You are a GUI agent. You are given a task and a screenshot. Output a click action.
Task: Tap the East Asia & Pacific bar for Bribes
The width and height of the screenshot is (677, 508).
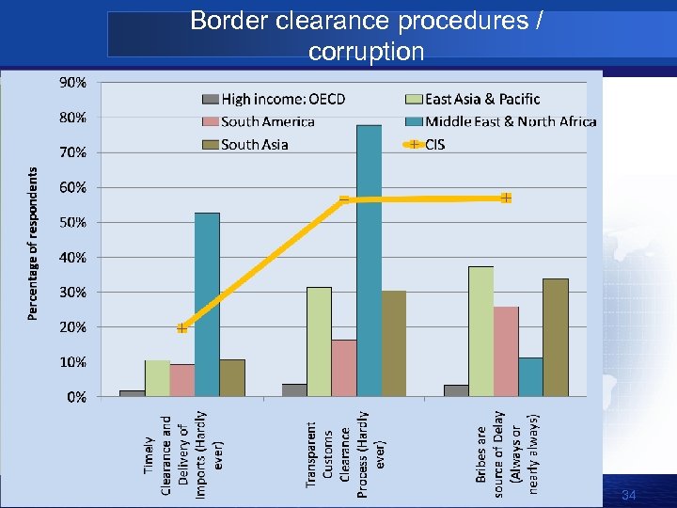coord(480,330)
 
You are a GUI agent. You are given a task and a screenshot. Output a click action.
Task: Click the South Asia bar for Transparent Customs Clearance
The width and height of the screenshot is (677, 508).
coord(394,343)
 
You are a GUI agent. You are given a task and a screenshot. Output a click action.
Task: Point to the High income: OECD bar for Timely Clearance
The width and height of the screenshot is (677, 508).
coord(133,393)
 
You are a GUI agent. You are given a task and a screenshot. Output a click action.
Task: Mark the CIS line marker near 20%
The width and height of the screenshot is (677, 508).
coord(181,328)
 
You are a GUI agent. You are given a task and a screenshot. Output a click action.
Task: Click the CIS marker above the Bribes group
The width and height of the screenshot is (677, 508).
coord(506,198)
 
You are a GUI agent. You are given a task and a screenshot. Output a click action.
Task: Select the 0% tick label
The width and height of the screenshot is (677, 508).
coord(75,397)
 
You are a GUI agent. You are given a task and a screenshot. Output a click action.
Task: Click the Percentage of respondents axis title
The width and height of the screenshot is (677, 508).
coord(34,243)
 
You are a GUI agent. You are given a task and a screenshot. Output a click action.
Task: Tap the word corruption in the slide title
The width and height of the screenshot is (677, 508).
coord(366,52)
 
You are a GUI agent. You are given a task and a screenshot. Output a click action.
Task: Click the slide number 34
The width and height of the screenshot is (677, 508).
coord(629,495)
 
